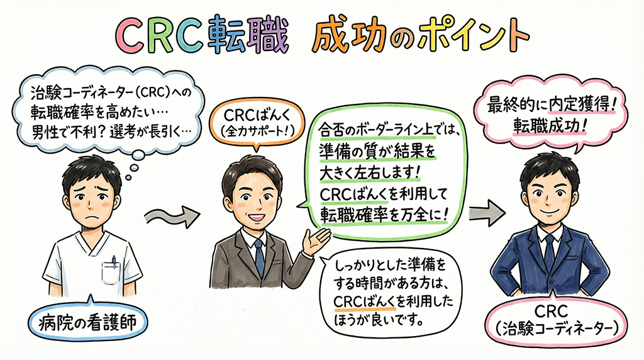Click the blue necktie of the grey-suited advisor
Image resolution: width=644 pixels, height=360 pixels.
point(259,257)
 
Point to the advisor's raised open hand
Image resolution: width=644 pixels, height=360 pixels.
point(318,239)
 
